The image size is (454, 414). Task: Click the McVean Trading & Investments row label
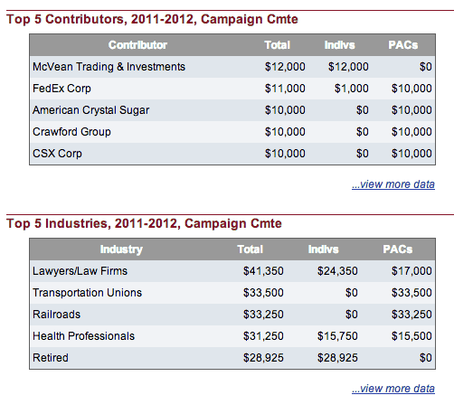point(109,67)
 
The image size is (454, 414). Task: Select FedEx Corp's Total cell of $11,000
point(285,89)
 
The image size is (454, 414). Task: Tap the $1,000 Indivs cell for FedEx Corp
point(351,89)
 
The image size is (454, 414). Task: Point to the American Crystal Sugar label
point(90,110)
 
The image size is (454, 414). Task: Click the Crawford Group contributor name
point(71,132)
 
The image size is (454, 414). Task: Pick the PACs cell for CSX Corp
point(411,154)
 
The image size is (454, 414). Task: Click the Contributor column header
point(137,45)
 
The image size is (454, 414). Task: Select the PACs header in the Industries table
point(398,249)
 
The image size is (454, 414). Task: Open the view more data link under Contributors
point(393,184)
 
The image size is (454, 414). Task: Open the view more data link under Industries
point(393,389)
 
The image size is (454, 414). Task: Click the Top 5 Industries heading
point(144,223)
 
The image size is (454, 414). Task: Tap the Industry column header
point(121,249)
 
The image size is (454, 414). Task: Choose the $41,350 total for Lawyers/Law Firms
point(263,271)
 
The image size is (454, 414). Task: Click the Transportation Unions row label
point(87,293)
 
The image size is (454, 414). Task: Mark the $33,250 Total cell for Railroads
point(263,315)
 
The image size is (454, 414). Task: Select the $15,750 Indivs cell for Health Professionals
point(337,336)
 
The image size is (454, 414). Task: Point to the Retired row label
point(51,358)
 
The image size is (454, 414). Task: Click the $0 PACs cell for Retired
point(425,358)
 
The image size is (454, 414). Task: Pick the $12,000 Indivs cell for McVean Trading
point(348,67)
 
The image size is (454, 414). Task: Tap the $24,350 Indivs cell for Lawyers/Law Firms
point(337,271)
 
